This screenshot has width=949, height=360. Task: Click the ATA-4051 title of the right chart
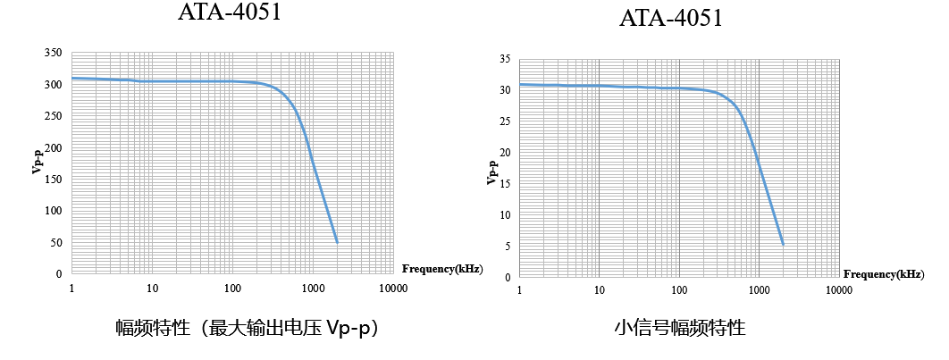(x=670, y=19)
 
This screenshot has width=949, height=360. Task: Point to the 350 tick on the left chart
(x=54, y=54)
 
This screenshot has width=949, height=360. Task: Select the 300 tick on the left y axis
(x=54, y=85)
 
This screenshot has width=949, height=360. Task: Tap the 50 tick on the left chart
(x=56, y=242)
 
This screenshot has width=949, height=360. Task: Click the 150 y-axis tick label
(x=54, y=180)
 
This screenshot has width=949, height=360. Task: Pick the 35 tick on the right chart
(x=505, y=60)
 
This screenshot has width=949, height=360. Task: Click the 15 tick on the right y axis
(x=505, y=184)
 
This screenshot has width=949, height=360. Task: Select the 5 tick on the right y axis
(x=508, y=246)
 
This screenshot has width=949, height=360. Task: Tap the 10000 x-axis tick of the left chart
(x=393, y=289)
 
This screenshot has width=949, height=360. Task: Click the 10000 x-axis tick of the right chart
(x=838, y=291)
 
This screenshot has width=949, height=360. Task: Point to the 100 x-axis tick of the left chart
(x=232, y=289)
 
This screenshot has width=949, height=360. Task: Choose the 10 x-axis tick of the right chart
(x=599, y=291)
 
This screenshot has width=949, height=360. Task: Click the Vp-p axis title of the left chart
(x=37, y=163)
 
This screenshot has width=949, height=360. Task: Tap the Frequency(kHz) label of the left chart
(x=442, y=269)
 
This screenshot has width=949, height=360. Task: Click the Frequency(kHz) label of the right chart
(x=884, y=273)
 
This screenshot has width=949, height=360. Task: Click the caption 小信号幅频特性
(x=679, y=328)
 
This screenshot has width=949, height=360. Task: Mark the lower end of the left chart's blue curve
(x=337, y=242)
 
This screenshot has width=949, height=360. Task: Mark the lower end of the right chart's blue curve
(x=783, y=244)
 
